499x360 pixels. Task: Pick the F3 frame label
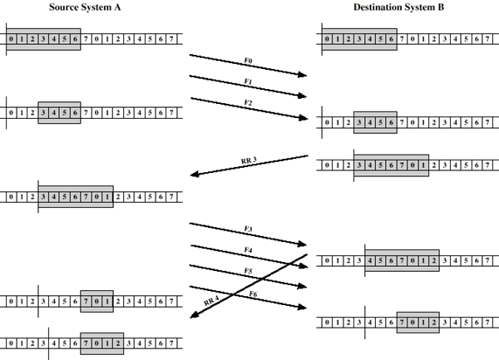(249, 229)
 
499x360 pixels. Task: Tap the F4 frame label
(249, 250)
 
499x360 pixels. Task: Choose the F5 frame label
(249, 271)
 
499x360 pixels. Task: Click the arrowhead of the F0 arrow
(303, 76)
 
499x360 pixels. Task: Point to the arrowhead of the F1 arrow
(303, 96)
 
